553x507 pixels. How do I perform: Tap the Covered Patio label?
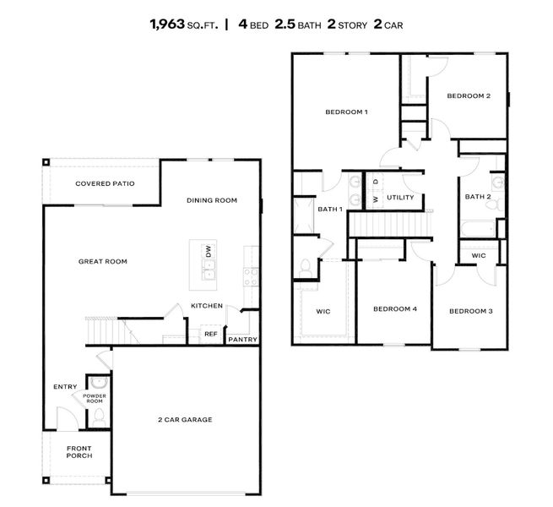(105, 183)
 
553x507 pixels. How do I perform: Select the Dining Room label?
(211, 200)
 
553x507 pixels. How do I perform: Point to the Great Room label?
(102, 261)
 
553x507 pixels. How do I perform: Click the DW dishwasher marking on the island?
(208, 251)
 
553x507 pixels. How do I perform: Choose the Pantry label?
(242, 340)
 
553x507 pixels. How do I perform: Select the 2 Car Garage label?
(183, 419)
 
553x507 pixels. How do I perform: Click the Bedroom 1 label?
(346, 112)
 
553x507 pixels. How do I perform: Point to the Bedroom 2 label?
(468, 95)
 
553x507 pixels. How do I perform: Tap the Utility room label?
(399, 198)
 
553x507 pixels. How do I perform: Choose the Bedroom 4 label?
(395, 308)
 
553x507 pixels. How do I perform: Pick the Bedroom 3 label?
(470, 311)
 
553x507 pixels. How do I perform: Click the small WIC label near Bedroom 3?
(479, 255)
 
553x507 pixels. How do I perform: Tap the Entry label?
(65, 387)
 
